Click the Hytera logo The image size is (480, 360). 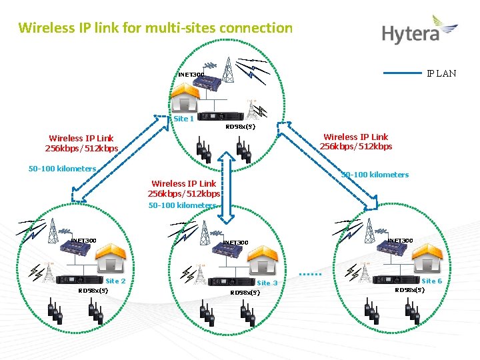point(419,31)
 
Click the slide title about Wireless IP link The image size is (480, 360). point(155,28)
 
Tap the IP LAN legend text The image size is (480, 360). point(441,73)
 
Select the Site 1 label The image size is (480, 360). point(183,119)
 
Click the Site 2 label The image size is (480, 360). point(115,281)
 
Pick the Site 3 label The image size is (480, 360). point(267,283)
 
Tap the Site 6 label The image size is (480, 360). point(431,281)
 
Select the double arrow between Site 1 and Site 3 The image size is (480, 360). point(229,188)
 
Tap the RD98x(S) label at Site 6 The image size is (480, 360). point(410,289)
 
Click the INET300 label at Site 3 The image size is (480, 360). point(235,243)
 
